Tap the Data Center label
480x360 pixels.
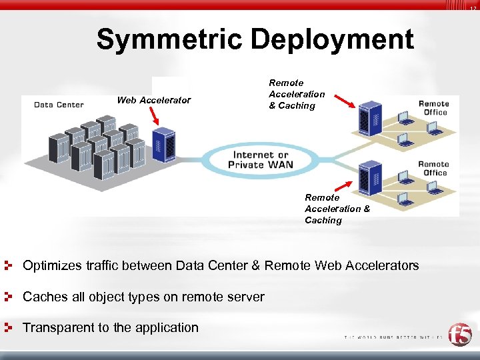coord(59,105)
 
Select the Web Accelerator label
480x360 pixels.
coord(154,101)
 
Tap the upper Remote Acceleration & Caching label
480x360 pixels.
coord(296,94)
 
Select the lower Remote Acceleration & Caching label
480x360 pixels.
coord(337,209)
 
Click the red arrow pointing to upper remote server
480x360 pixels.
coord(344,101)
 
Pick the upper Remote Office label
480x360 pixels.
coord(433,108)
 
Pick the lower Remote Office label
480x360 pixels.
coord(433,168)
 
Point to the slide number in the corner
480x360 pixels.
coord(472,8)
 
